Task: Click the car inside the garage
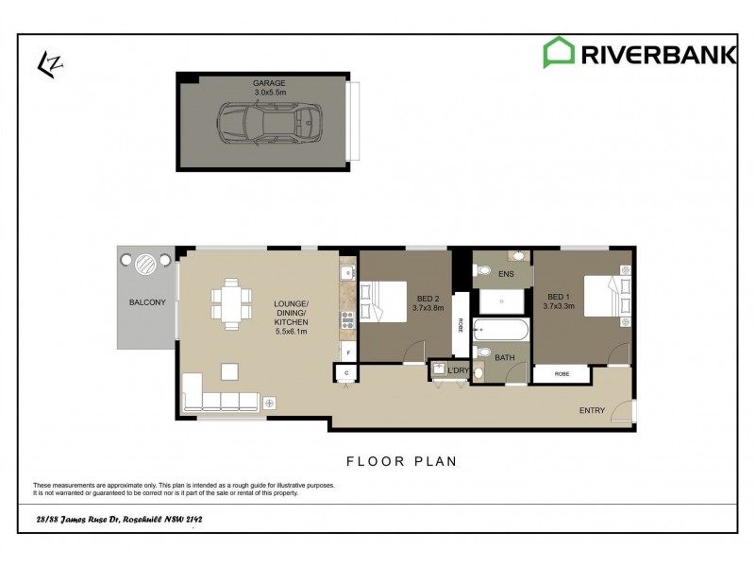click(x=269, y=123)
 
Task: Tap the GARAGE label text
click(x=269, y=83)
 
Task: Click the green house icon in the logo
click(x=559, y=53)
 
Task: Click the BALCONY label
click(x=147, y=302)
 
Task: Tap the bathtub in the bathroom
click(x=500, y=332)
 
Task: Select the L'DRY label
click(x=458, y=370)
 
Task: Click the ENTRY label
click(x=592, y=410)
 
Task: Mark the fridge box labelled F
click(x=348, y=352)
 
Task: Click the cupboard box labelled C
click(x=345, y=373)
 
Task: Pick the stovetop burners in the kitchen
click(x=346, y=318)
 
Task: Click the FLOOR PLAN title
click(x=401, y=461)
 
